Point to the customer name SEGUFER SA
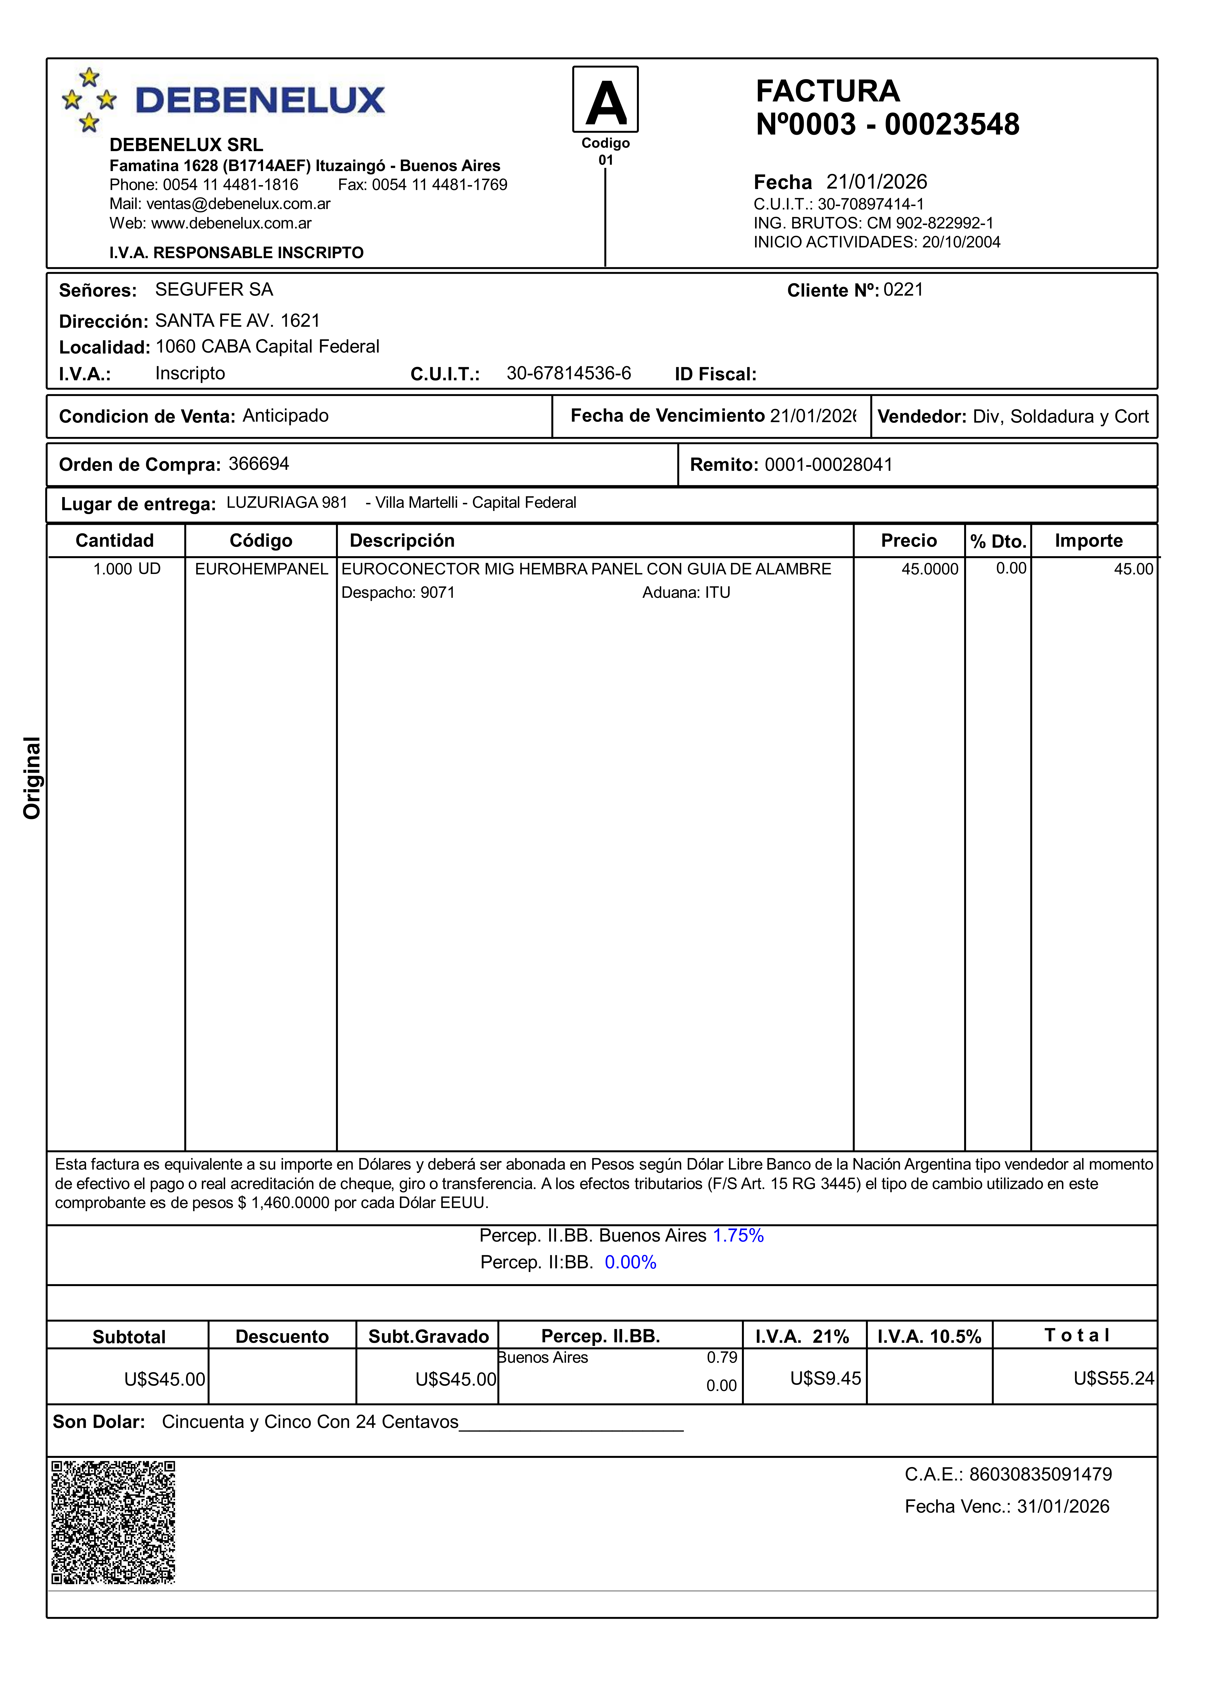coord(214,290)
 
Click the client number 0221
coord(903,290)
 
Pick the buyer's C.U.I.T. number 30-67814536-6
coord(568,373)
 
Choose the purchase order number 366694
coord(259,464)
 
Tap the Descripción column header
coord(402,541)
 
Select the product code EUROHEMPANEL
coord(261,569)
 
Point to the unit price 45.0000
coord(930,569)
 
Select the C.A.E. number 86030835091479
coord(1040,1474)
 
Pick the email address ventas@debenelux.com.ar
coord(238,204)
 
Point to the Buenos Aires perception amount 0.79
coord(722,1358)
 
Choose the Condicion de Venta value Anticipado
coord(285,416)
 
